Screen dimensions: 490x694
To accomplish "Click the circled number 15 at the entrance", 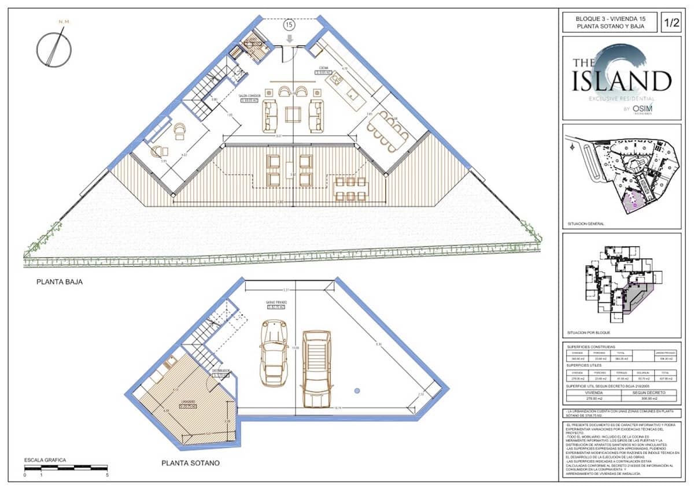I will tap(289, 25).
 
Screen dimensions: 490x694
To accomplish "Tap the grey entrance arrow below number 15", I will tap(289, 38).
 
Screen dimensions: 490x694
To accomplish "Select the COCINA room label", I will tap(323, 68).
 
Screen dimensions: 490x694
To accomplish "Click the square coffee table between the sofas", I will tap(293, 114).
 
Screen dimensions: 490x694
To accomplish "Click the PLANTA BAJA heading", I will tap(60, 283).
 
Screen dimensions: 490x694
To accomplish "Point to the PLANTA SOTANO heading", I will tap(190, 463).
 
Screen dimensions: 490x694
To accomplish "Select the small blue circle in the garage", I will tap(357, 391).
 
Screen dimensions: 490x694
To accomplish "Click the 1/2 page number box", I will tap(671, 23).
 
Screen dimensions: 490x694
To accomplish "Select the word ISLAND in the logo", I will tap(622, 81).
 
